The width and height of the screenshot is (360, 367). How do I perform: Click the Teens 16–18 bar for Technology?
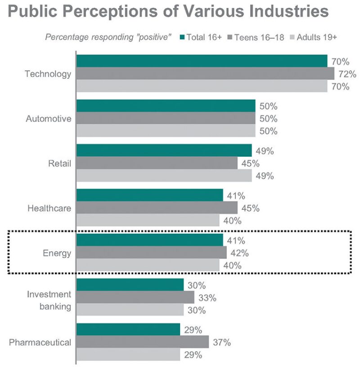[205, 74]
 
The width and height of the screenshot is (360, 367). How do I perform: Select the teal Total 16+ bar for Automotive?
[166, 106]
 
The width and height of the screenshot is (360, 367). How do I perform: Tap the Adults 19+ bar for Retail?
[164, 176]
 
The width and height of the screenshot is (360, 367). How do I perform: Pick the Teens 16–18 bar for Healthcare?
[157, 208]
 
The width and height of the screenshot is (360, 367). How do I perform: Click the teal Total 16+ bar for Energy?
[149, 240]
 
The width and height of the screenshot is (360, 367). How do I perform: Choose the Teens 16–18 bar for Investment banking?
[135, 298]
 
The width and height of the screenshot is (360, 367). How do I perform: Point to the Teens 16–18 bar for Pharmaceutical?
[142, 342]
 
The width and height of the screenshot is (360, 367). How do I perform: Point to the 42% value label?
[239, 253]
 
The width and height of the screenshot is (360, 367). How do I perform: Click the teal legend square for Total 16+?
[182, 37]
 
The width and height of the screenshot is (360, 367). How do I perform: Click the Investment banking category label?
[49, 300]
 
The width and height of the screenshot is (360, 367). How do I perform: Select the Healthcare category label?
[49, 208]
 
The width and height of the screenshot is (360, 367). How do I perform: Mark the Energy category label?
[57, 253]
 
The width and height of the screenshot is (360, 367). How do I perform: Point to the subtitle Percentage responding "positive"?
[108, 37]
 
